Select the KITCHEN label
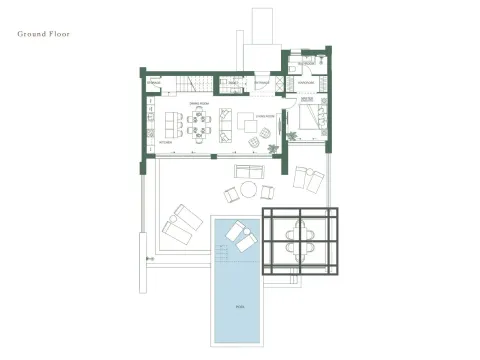click(x=166, y=143)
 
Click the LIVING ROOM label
click(x=264, y=116)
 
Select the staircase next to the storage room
click(x=193, y=83)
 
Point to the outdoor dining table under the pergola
click(x=300, y=239)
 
